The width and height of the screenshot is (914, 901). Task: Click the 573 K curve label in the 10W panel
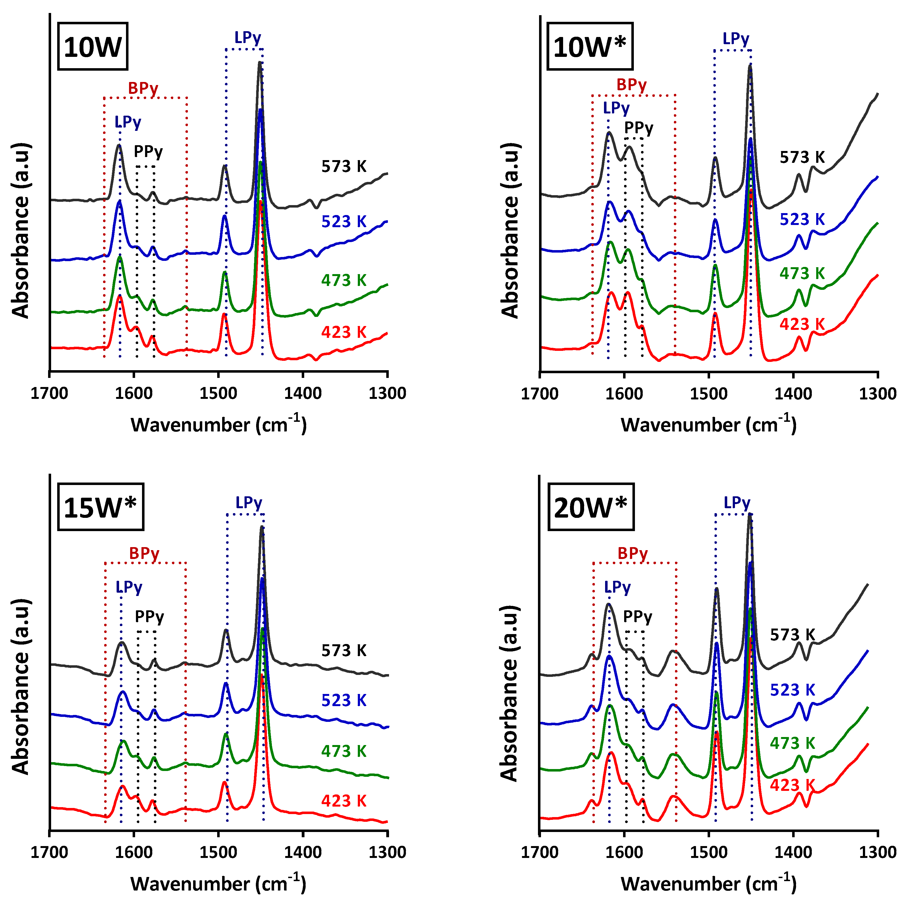[x=344, y=166]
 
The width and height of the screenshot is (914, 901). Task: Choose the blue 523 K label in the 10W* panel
[x=802, y=219]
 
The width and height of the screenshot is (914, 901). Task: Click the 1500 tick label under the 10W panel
[x=218, y=393]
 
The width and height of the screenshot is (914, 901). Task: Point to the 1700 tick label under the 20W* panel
[x=540, y=852]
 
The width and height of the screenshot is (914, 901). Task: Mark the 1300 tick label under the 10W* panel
[x=878, y=393]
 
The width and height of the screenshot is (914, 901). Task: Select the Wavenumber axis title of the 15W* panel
[x=218, y=884]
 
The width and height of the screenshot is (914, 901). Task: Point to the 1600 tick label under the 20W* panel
[x=624, y=852]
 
